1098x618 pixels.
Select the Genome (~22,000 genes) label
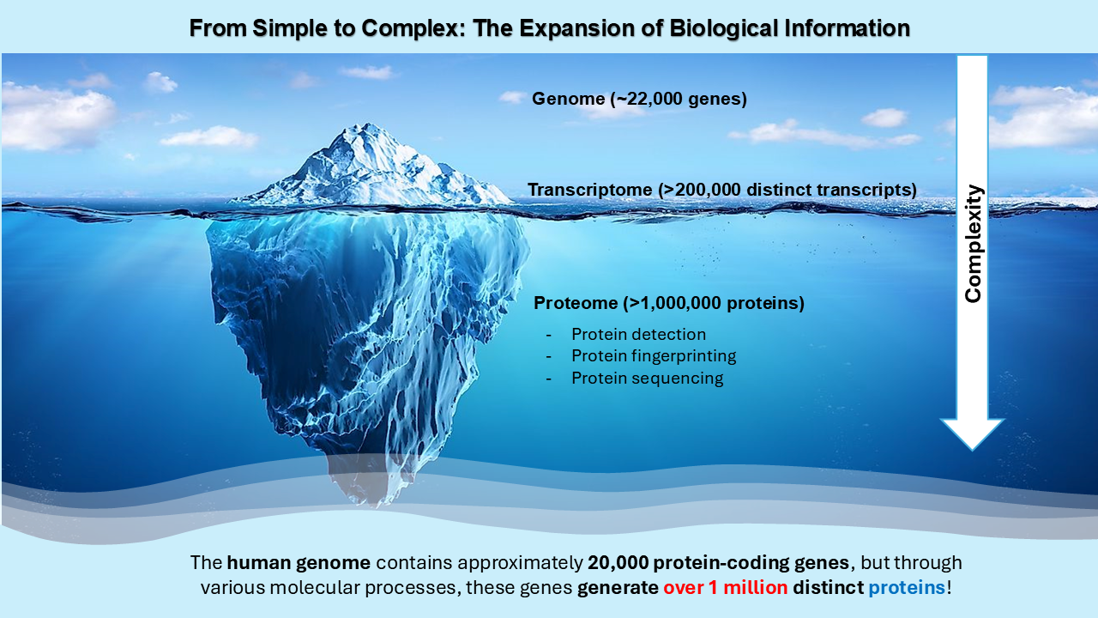(639, 99)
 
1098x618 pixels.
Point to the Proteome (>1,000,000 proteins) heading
(669, 303)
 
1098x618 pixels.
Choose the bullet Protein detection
(639, 335)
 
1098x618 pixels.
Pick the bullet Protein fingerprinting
(654, 356)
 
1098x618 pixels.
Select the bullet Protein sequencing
(648, 379)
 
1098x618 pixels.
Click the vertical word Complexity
(973, 244)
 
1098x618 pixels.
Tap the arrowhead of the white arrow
(972, 434)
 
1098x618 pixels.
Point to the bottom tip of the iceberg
(376, 506)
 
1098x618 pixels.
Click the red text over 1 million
(726, 587)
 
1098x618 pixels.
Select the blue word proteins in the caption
(907, 588)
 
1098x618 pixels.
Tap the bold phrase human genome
(299, 562)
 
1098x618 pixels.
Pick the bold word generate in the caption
(618, 588)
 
